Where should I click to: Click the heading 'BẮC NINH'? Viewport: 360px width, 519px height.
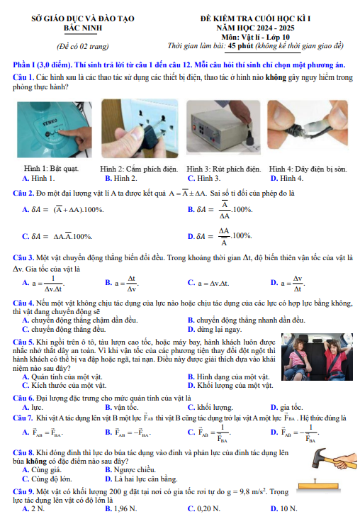(83, 28)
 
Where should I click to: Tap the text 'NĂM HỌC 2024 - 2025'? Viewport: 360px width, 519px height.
(255, 28)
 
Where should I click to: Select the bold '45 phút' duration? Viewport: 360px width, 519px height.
(240, 45)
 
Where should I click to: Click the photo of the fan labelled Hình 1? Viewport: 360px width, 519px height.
(55, 130)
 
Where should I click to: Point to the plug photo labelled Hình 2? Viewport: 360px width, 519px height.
(140, 128)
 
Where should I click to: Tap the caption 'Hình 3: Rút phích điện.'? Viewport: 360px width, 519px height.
(224, 169)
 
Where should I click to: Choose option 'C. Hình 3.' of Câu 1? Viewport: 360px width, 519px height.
(204, 178)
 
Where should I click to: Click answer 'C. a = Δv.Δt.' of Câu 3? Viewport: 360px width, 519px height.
(208, 284)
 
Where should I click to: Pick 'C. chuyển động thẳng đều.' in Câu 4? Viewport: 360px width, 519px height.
(64, 330)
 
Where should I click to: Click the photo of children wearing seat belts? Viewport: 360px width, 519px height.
(317, 357)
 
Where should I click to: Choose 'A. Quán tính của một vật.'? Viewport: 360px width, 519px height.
(62, 376)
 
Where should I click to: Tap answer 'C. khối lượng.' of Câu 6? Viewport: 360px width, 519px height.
(210, 407)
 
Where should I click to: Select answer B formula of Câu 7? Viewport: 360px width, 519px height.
(128, 432)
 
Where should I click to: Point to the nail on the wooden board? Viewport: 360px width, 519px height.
(315, 481)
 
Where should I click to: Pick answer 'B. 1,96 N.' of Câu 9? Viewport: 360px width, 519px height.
(121, 508)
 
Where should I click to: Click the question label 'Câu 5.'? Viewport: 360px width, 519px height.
(23, 342)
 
